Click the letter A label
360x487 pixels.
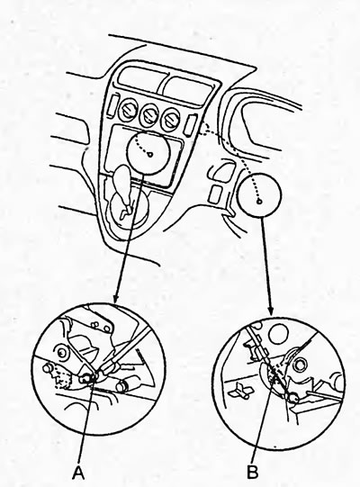point(78,473)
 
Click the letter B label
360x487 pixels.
point(253,473)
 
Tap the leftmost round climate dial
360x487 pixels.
point(128,111)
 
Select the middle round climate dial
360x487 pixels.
point(149,115)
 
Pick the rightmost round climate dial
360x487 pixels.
point(170,120)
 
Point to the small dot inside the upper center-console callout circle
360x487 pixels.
point(150,155)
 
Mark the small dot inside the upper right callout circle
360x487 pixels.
point(260,202)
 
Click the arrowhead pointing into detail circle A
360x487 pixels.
point(115,299)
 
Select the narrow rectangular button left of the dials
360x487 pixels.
point(113,106)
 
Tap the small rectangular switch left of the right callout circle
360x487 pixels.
point(216,194)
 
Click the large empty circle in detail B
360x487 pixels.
point(279,334)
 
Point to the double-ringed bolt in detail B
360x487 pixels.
point(300,365)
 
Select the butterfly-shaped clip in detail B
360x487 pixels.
point(240,391)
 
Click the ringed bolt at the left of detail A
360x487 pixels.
point(62,353)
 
